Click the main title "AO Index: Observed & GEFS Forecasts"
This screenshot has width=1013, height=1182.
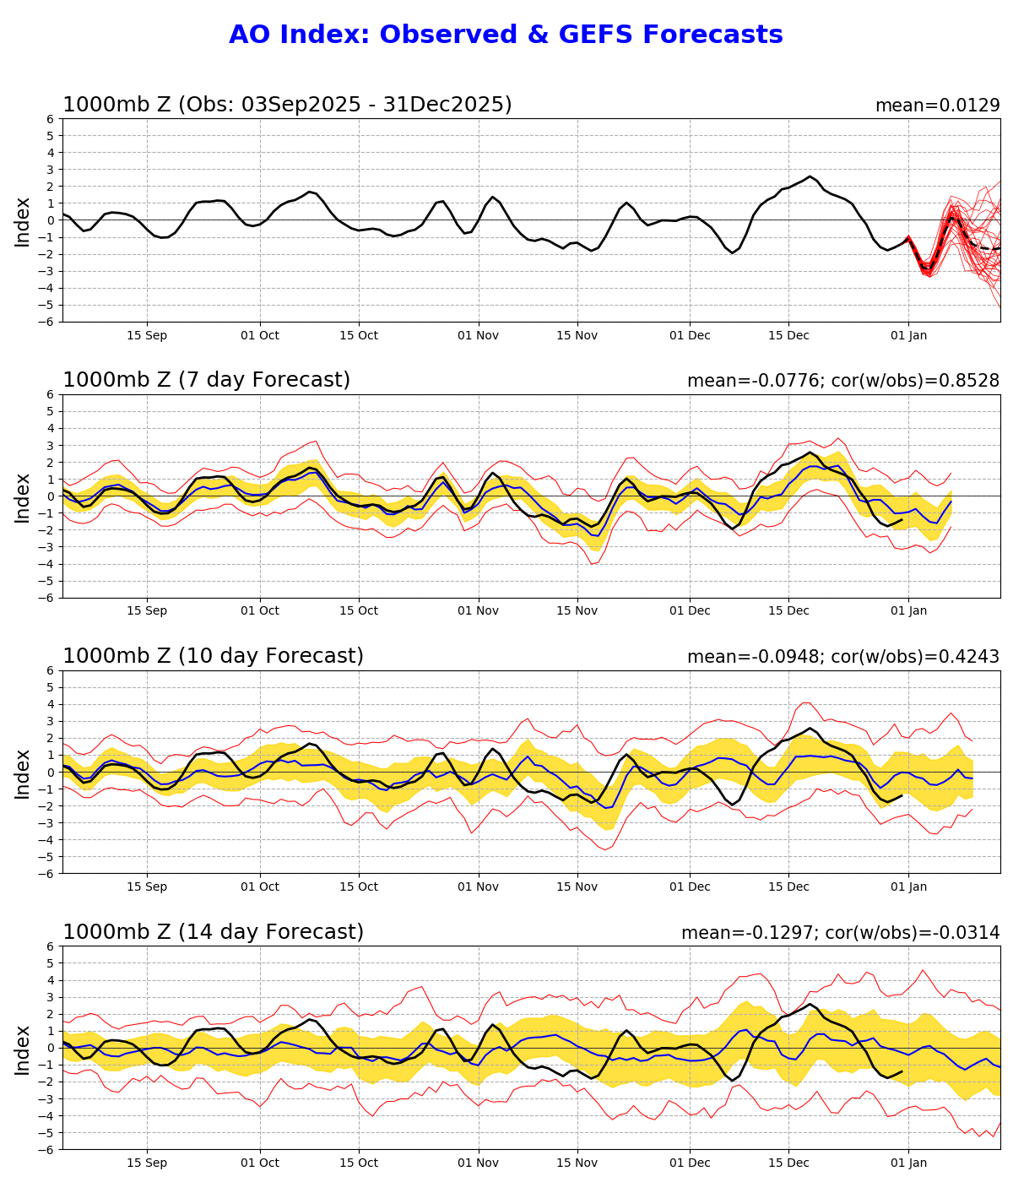506,35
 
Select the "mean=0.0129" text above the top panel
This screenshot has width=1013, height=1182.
937,106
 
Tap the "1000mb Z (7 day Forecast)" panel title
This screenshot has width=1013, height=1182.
206,380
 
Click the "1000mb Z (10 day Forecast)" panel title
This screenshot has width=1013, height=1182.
213,656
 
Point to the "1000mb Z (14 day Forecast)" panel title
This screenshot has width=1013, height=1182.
213,932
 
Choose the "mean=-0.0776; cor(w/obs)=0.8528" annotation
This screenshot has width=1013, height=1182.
842,381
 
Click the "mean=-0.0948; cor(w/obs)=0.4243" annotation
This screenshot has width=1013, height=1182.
842,657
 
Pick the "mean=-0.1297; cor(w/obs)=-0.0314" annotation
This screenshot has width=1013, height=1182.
840,933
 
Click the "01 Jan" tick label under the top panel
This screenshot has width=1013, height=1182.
908,335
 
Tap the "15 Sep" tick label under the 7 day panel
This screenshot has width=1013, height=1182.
147,611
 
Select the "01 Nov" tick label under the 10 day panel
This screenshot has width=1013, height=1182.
478,887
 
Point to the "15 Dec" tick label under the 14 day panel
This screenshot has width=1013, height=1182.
788,1163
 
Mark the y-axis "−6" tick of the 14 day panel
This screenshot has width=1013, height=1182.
47,1149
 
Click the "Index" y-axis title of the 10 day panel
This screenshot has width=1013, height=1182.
23,772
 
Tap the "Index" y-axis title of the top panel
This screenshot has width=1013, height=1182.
23,220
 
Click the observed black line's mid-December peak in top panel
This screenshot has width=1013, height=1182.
810,176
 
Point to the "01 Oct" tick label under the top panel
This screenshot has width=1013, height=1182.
259,335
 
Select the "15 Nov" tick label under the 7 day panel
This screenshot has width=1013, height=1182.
577,611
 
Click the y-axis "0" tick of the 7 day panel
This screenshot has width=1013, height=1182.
51,496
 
